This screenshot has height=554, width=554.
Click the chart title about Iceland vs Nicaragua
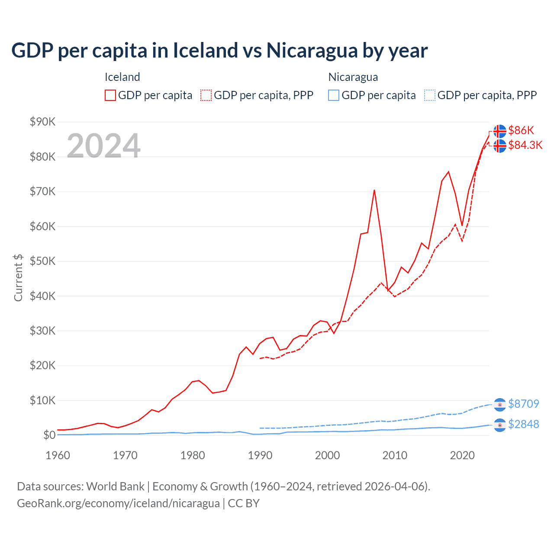click(x=219, y=51)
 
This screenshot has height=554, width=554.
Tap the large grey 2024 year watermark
click(x=103, y=146)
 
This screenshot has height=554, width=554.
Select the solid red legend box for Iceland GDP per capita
click(x=110, y=95)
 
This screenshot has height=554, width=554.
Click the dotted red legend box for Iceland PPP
click(x=206, y=95)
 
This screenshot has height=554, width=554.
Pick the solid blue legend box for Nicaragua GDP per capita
click(x=334, y=95)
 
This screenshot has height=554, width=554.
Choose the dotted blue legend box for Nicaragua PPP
click(x=430, y=95)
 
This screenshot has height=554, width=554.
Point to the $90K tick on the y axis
click(x=42, y=122)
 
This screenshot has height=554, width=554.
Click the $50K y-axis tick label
click(x=42, y=261)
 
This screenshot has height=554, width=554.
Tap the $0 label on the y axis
click(x=49, y=435)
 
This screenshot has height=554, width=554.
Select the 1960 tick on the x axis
click(x=58, y=455)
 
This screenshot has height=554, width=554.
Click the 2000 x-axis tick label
click(x=327, y=455)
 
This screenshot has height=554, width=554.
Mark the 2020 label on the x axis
click(x=462, y=455)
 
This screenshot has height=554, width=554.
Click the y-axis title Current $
click(x=18, y=278)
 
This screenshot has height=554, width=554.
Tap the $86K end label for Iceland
click(x=521, y=130)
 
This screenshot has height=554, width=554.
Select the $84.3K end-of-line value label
click(x=525, y=145)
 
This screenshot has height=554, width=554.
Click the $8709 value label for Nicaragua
click(x=523, y=404)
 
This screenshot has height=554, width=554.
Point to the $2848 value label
click(x=523, y=424)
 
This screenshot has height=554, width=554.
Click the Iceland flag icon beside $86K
click(x=500, y=131)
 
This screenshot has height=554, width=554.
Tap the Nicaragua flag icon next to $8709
click(x=500, y=404)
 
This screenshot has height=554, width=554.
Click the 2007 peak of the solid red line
click(x=374, y=190)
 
